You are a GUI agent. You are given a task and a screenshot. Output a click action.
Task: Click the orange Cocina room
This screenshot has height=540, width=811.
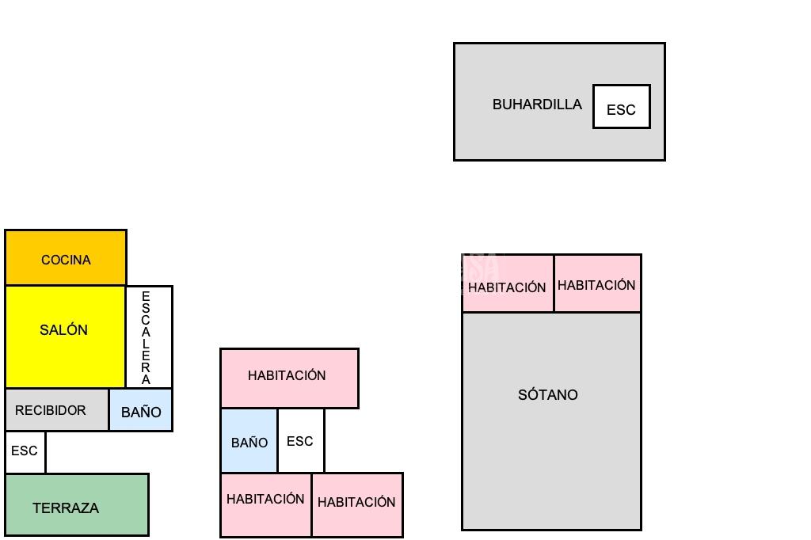pos(66,258)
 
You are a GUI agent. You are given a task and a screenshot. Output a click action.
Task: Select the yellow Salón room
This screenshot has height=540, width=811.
pos(65,337)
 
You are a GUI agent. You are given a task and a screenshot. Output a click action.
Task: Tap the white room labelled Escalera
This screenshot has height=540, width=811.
pos(149,337)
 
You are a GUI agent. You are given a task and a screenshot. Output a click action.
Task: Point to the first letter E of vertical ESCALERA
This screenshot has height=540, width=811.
pos(146,296)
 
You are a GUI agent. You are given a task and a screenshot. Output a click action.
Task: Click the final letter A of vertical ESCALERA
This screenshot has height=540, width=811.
pos(146,379)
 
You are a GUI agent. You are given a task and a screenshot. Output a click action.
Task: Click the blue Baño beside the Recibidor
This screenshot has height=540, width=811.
pos(141,411)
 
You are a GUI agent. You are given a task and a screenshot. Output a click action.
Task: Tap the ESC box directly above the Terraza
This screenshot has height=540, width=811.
pos(25,451)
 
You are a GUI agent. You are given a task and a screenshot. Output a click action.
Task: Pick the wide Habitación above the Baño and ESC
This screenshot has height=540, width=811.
pos(289,378)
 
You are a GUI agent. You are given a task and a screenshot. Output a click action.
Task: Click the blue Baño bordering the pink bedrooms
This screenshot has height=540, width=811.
pos(249,441)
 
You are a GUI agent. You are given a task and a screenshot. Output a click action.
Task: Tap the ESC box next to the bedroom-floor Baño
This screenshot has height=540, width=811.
pos(300,441)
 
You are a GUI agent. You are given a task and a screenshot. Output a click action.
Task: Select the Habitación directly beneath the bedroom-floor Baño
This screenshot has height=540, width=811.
pos(265,504)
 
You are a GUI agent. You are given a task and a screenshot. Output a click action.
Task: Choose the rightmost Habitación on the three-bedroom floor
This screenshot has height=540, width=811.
pos(356,504)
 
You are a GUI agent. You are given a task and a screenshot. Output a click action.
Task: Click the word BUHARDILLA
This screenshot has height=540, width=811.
pos(537,105)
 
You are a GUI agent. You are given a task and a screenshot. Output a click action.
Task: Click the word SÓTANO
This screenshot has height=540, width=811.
pos(548,394)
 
